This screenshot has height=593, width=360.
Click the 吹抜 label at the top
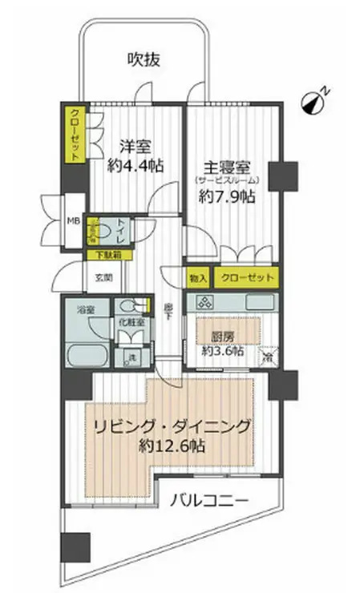(x=145, y=58)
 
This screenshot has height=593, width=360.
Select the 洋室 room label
(x=136, y=147)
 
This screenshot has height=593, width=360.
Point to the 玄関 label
(x=103, y=278)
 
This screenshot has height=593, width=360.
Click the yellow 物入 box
(x=198, y=278)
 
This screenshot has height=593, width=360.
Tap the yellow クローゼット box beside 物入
(x=246, y=278)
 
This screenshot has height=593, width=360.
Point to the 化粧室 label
(x=131, y=321)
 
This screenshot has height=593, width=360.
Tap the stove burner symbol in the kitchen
(x=202, y=303)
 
